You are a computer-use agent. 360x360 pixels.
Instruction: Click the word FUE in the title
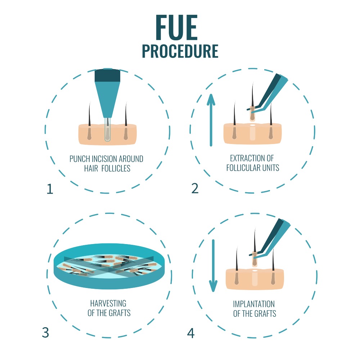pyautogui.click(x=177, y=28)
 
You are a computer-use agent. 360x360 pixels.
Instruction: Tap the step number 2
pyautogui.click(x=195, y=188)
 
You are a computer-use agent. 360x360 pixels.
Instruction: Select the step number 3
pyautogui.click(x=45, y=333)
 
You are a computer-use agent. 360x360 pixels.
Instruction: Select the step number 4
pyautogui.click(x=190, y=333)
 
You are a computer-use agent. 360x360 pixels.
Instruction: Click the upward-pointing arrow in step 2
pyautogui.click(x=211, y=119)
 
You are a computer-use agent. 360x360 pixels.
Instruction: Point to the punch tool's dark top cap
pyautogui.click(x=107, y=75)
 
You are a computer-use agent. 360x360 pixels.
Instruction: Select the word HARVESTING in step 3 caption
pyautogui.click(x=109, y=303)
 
